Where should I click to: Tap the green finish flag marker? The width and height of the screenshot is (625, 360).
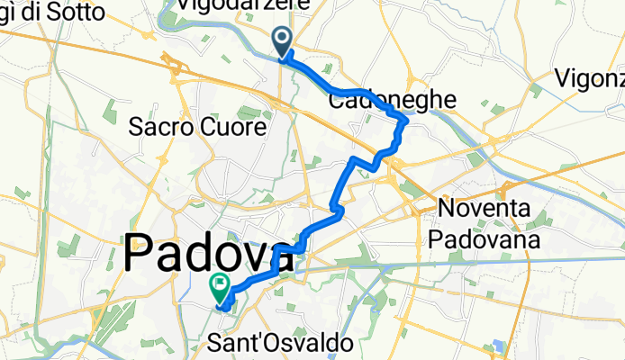coord(219,287)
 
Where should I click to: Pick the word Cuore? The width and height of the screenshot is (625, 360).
coord(237,128)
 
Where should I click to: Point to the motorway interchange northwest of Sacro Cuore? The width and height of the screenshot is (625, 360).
coord(174,64)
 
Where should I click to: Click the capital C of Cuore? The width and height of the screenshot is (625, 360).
coord(215,128)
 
